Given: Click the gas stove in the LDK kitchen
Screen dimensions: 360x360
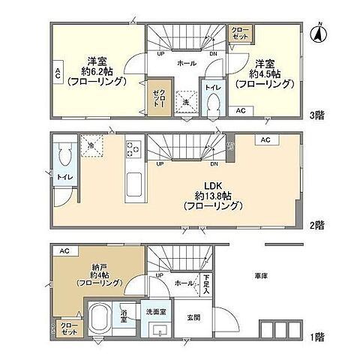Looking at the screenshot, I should [133, 148].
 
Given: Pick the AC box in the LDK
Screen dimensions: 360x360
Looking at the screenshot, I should [265, 140].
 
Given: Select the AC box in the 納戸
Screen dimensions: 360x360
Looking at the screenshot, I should [64, 250].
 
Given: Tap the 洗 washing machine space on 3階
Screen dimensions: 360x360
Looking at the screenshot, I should [184, 101].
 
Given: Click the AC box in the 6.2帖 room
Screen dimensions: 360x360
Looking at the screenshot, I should [57, 73].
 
